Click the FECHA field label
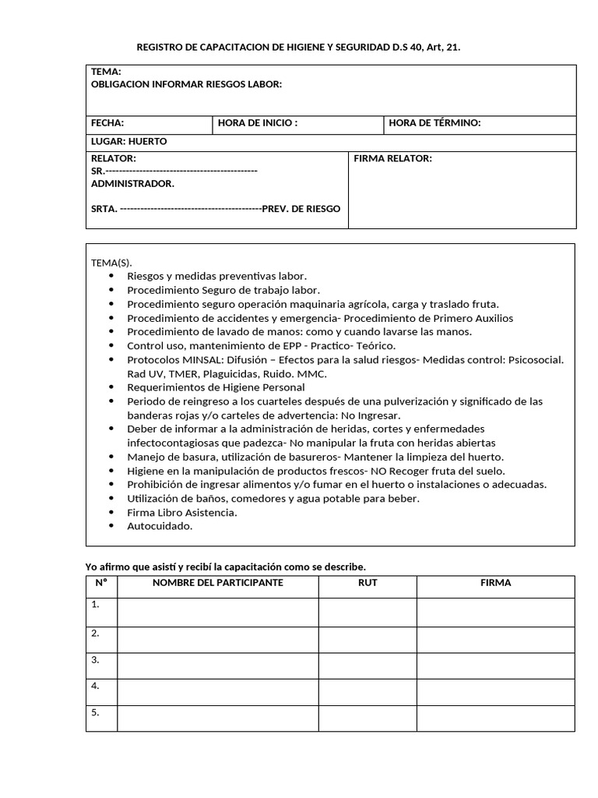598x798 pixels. (107, 122)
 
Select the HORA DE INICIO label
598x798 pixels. (258, 122)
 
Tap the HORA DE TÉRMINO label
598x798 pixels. (434, 122)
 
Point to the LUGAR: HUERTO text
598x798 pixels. (129, 141)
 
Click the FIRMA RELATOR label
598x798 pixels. (392, 158)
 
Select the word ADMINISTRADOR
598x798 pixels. (132, 183)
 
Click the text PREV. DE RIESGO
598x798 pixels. (301, 208)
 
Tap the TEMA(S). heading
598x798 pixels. (112, 263)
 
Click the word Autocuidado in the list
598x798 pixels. (160, 525)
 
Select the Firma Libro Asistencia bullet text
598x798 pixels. (182, 512)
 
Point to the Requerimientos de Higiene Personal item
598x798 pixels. (216, 387)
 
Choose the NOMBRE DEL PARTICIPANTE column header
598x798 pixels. (217, 582)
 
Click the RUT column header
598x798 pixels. (368, 582)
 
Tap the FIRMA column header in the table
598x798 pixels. (495, 582)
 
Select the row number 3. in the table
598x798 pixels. (96, 659)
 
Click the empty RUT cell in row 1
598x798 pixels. (368, 612)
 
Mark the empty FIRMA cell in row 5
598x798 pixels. (495, 718)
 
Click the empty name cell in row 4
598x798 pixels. (217, 691)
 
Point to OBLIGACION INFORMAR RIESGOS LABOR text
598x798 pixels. (186, 84)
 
